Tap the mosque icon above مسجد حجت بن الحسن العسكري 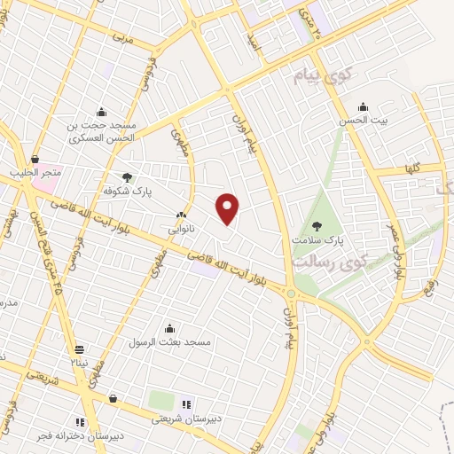101,113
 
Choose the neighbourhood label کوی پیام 323,77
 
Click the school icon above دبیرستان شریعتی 186,404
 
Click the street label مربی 122,40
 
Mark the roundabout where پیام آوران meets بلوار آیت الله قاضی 290,294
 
